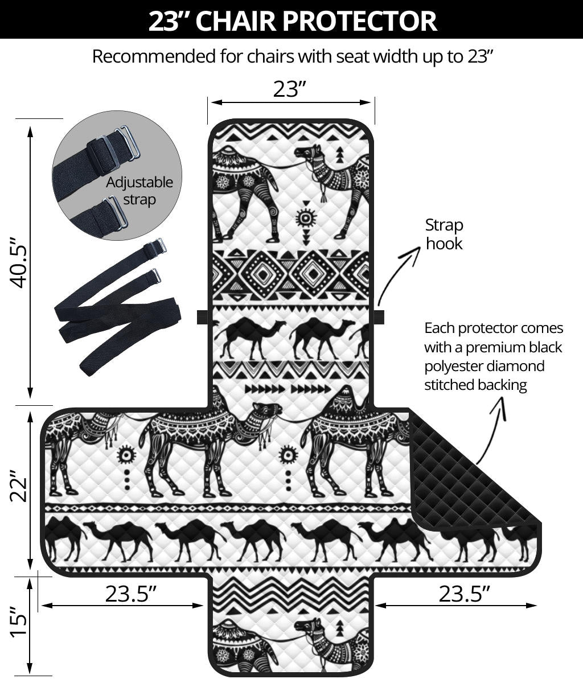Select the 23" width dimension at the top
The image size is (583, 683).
[x=290, y=89]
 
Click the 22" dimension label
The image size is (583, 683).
[x=21, y=485]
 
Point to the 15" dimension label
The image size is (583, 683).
[x=21, y=626]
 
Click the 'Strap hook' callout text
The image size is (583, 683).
[x=444, y=234]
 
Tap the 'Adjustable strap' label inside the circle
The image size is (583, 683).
[x=139, y=191]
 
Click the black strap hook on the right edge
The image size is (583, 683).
[x=379, y=317]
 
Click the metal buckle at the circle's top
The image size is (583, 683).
[x=128, y=142]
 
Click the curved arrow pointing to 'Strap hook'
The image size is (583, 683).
[x=399, y=273]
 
